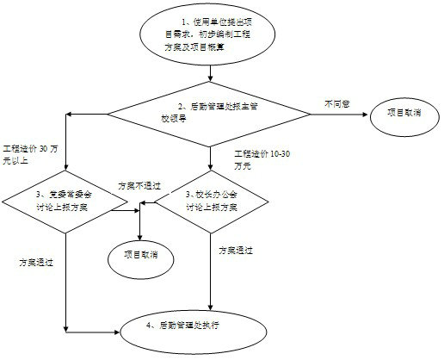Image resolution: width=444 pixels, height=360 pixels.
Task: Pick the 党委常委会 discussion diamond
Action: pos(65,207)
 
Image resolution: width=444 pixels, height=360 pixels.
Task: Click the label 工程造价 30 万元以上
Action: pos(31,153)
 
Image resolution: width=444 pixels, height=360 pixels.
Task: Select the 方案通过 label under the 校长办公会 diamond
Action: pos(237,250)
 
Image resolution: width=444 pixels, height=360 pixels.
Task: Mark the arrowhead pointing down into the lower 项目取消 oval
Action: pos(141,235)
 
